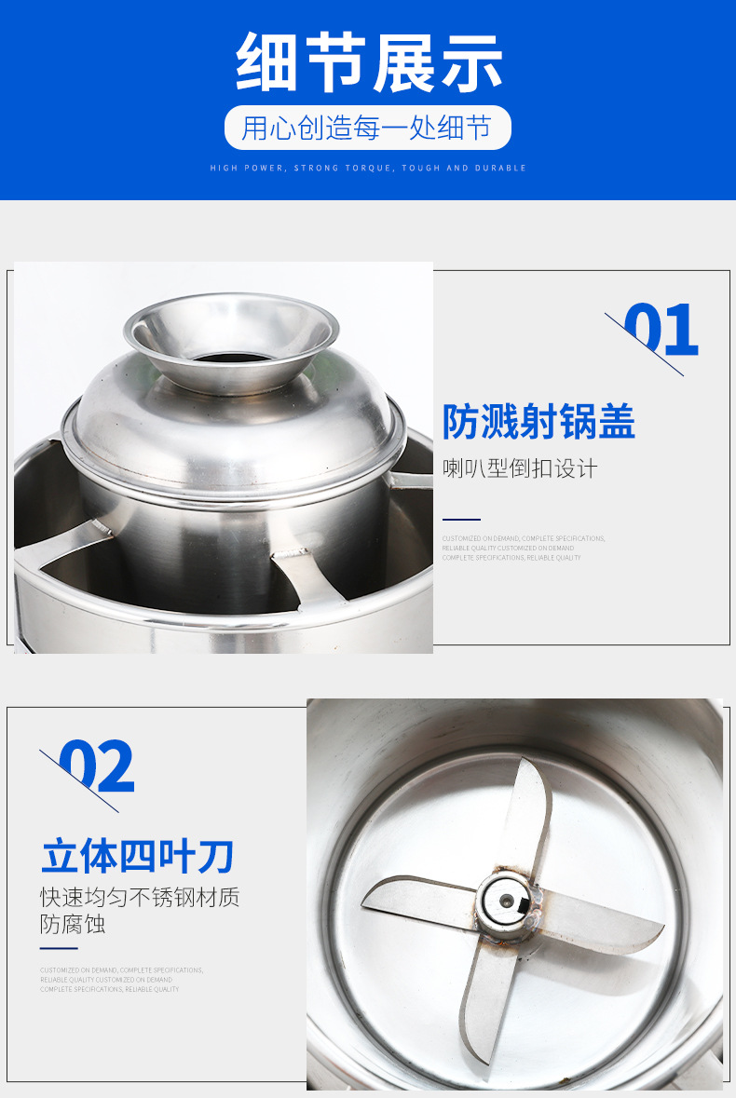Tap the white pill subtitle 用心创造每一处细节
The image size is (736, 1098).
pyautogui.click(x=367, y=128)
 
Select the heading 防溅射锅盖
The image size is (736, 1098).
pyautogui.click(x=538, y=423)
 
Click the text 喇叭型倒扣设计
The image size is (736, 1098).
pyautogui.click(x=520, y=468)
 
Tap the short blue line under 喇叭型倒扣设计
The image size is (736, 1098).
pyautogui.click(x=461, y=520)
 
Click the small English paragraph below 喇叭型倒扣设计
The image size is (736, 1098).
pyautogui.click(x=524, y=548)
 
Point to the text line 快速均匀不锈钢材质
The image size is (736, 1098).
pyautogui.click(x=140, y=898)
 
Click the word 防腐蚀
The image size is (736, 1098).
pyautogui.click(x=73, y=925)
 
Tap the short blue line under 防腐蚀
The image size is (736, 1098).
pyautogui.click(x=59, y=948)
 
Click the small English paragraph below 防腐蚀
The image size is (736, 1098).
pyautogui.click(x=121, y=979)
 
